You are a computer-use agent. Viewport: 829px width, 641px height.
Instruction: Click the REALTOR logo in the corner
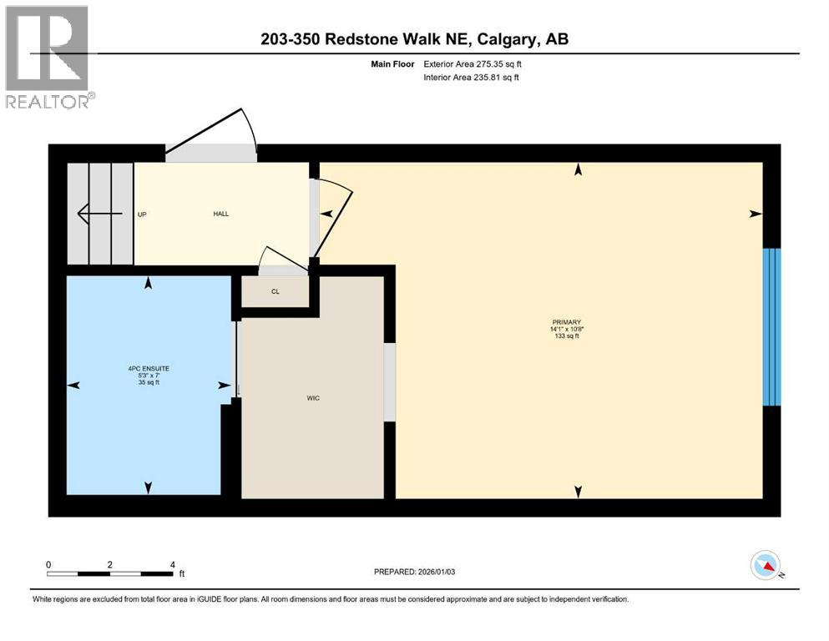coord(48,57)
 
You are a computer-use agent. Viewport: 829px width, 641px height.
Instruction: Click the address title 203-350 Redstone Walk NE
coord(414,39)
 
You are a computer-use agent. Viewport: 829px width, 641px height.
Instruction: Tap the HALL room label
coord(221,214)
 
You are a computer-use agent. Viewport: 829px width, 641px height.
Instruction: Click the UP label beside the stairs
coord(142,215)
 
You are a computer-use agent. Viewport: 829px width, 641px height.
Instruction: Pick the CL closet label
coord(275,292)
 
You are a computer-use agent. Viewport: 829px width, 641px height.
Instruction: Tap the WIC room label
coord(313,398)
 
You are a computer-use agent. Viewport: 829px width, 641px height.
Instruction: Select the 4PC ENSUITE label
coord(149,368)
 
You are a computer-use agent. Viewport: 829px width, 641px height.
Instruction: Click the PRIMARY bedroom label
coord(566,322)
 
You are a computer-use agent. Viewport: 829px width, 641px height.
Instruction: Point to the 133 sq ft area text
coord(566,337)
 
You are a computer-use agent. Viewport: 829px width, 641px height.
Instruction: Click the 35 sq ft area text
coord(149,382)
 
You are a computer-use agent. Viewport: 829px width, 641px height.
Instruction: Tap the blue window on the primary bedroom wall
coord(772,326)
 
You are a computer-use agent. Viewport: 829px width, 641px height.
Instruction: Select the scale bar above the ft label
coord(110,573)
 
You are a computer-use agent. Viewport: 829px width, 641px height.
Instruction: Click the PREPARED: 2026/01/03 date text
coord(417,572)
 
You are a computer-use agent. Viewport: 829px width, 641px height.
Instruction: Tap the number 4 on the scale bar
coord(172,564)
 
